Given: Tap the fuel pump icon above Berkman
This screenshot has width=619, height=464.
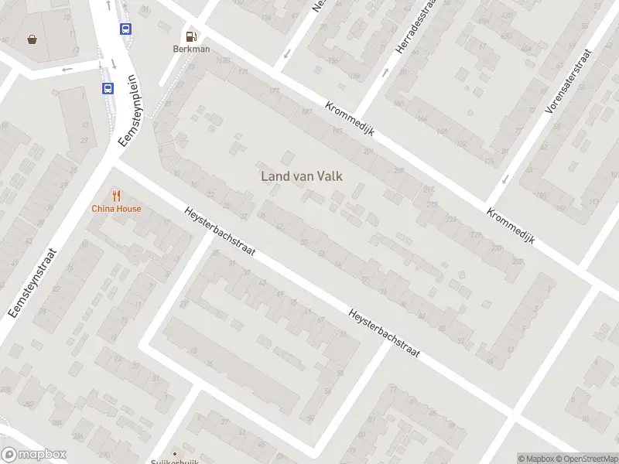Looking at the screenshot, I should pyautogui.click(x=190, y=35).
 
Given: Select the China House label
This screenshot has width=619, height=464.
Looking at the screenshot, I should pyautogui.click(x=116, y=208).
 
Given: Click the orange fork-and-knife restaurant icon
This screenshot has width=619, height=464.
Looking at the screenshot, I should pyautogui.click(x=116, y=195).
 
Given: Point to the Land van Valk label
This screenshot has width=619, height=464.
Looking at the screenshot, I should pyautogui.click(x=302, y=176).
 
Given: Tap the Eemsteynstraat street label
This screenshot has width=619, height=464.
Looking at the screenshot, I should pyautogui.click(x=32, y=282).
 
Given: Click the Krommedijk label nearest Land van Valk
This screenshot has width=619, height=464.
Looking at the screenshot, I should pyautogui.click(x=350, y=119).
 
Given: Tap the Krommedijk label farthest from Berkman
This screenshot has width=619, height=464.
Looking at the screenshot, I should pyautogui.click(x=511, y=225).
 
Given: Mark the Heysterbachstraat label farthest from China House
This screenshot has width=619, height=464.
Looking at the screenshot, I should pyautogui.click(x=384, y=333).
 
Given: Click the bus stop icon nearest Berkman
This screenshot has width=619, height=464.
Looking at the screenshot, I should pyautogui.click(x=125, y=29).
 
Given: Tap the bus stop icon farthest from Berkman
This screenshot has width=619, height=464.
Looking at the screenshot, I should pyautogui.click(x=108, y=88).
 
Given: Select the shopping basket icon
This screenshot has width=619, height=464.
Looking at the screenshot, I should pyautogui.click(x=32, y=39).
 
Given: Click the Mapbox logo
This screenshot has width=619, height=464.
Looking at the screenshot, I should pyautogui.click(x=34, y=455).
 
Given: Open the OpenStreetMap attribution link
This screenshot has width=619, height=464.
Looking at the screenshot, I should pyautogui.click(x=584, y=459).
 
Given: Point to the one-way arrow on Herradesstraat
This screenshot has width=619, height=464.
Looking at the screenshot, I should pyautogui.click(x=386, y=73).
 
